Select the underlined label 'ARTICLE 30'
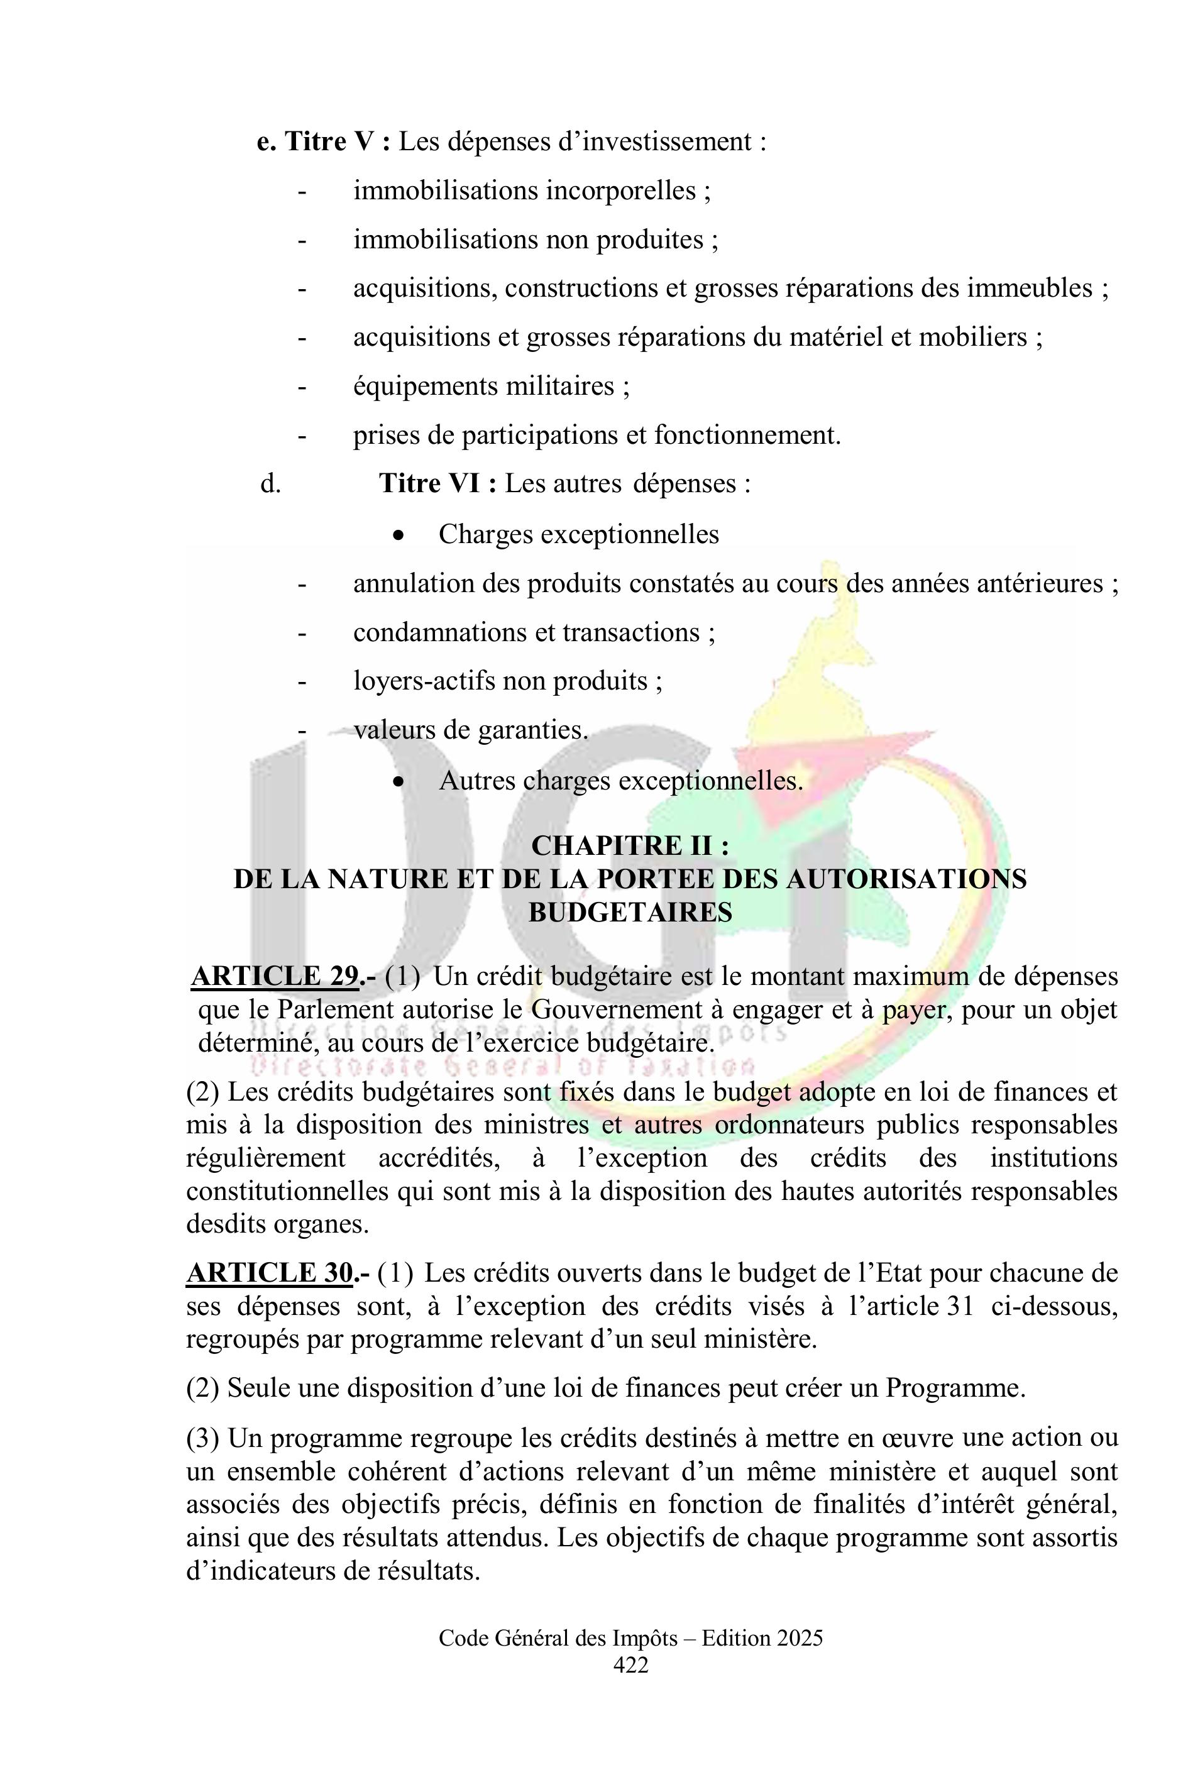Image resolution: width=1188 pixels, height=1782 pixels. pyautogui.click(x=270, y=1273)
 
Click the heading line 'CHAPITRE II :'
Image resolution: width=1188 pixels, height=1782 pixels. pyautogui.click(x=630, y=845)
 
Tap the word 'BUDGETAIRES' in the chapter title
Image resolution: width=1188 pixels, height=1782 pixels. pyautogui.click(x=630, y=912)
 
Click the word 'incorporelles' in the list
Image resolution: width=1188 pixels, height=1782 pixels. pyautogui.click(x=621, y=191)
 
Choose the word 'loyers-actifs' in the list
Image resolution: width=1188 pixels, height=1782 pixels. pyautogui.click(x=425, y=681)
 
